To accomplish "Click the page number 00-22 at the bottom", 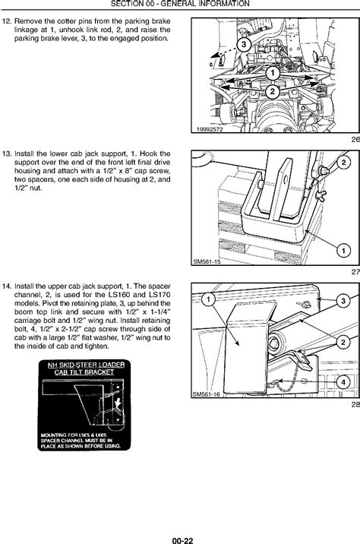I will (180, 536).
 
